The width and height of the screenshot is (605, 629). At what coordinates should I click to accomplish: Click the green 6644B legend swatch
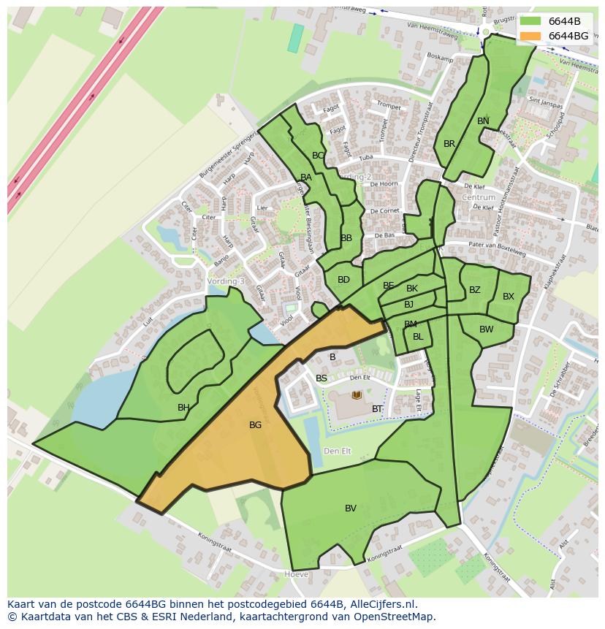pyautogui.click(x=530, y=21)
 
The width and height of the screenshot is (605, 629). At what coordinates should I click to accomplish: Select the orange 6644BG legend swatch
pyautogui.click(x=530, y=36)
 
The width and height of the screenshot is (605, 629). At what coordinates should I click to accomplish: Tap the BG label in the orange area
pyautogui.click(x=255, y=424)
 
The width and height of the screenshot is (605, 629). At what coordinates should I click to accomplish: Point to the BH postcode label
pyautogui.click(x=183, y=408)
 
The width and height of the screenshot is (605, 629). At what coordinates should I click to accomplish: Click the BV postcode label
pyautogui.click(x=351, y=508)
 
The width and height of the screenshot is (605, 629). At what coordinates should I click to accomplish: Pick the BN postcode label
pyautogui.click(x=483, y=121)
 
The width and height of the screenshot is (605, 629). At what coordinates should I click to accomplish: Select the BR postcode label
pyautogui.click(x=449, y=144)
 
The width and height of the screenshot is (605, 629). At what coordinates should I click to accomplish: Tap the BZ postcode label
pyautogui.click(x=475, y=290)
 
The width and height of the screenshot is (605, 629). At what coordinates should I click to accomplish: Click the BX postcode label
pyautogui.click(x=509, y=297)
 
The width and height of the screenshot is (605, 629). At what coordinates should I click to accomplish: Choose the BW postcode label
pyautogui.click(x=487, y=329)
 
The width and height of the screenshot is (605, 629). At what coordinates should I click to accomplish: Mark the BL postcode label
pyautogui.click(x=418, y=337)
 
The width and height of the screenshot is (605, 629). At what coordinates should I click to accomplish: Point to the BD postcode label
pyautogui.click(x=343, y=280)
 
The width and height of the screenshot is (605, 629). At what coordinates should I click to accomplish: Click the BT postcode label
pyautogui.click(x=377, y=409)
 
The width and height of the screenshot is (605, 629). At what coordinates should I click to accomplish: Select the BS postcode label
pyautogui.click(x=321, y=378)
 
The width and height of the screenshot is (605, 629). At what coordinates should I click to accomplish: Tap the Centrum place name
pyautogui.click(x=479, y=197)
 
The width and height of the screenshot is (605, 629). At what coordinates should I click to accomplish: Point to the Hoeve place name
pyautogui.click(x=296, y=575)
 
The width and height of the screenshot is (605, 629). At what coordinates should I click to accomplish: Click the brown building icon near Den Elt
pyautogui.click(x=357, y=395)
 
